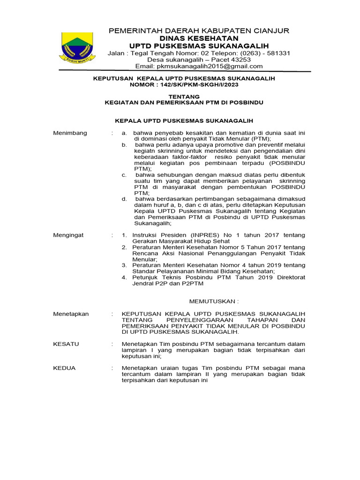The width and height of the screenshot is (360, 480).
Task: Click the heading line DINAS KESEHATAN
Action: (x=199, y=38)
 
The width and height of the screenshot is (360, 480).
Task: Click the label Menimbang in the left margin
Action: (x=70, y=133)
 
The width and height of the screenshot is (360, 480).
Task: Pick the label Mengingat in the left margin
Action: (x=68, y=235)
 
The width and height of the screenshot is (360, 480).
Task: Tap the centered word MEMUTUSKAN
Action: (x=213, y=300)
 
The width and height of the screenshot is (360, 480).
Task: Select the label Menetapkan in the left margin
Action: (x=71, y=314)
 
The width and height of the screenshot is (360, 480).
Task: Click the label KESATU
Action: (x=66, y=344)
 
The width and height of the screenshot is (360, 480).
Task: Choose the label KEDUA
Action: (x=65, y=368)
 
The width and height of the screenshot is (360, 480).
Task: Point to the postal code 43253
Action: (x=238, y=60)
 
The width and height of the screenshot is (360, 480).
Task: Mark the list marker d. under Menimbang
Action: (x=124, y=199)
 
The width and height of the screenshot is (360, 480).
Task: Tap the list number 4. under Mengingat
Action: (x=124, y=277)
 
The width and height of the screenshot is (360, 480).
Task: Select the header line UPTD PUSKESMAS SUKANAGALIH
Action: (x=199, y=45)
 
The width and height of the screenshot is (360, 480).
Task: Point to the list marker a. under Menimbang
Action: (x=124, y=133)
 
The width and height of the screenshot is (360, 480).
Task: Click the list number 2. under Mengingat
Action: (x=124, y=247)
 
